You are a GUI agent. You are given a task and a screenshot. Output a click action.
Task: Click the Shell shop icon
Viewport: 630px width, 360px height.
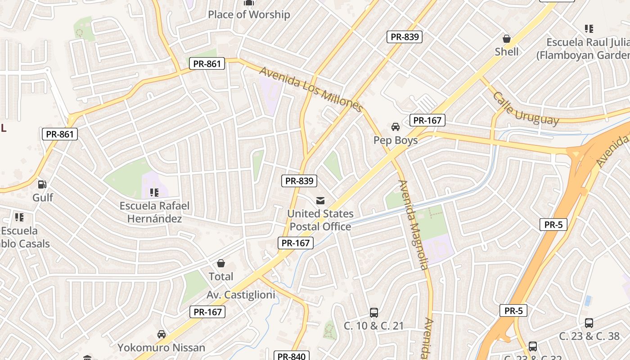tap(507, 39)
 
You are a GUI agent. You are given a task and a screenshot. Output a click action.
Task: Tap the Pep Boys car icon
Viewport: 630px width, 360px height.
tap(396, 127)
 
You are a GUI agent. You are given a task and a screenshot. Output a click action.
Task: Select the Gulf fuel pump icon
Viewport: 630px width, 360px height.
tap(42, 184)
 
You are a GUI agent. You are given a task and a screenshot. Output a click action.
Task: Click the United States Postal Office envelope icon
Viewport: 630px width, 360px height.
tap(320, 200)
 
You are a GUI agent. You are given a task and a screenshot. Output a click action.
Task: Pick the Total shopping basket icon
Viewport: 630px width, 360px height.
tap(221, 263)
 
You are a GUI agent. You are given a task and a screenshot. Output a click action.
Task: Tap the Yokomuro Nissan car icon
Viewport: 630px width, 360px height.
tap(161, 334)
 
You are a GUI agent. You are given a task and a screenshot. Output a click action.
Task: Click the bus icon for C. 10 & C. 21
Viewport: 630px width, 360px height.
tap(373, 312)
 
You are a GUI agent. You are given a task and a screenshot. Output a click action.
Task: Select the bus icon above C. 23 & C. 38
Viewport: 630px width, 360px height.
tap(589, 323)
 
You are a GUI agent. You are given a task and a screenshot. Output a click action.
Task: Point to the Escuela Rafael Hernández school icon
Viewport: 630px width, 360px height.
tap(154, 193)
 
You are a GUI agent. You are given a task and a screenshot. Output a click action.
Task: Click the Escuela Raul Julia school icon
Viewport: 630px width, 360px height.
tap(589, 29)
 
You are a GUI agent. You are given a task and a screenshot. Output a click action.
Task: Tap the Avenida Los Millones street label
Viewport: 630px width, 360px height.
tap(311, 90)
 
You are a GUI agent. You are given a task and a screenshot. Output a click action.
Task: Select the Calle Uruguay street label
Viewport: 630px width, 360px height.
tap(526, 109)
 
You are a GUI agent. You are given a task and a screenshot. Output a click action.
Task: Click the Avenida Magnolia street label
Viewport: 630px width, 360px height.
tap(412, 225)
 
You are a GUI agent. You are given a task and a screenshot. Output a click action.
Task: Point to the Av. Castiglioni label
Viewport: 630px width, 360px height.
tap(241, 295)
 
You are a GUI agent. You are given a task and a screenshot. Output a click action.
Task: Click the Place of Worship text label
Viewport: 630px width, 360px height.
tap(249, 14)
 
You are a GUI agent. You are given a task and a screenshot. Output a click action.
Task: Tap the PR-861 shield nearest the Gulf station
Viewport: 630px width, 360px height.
tap(60, 134)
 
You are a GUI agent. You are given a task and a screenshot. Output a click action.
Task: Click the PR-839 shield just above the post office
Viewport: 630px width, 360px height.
tap(299, 181)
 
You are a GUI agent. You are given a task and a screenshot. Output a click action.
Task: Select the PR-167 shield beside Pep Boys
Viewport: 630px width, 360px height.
tap(427, 120)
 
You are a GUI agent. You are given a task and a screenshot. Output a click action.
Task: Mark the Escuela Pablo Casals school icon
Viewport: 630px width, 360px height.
tap(19, 217)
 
